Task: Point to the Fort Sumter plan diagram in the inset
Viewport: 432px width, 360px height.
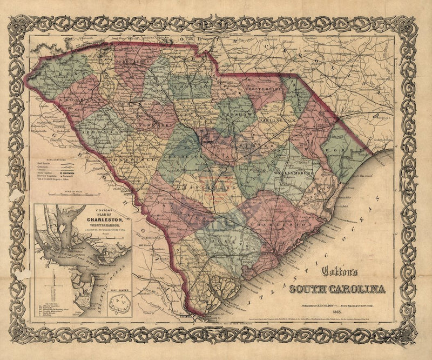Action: [x=121, y=301]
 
